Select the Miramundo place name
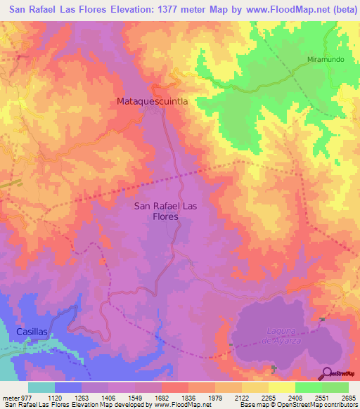point(326,60)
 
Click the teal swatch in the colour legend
point(41,387)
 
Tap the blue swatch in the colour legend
point(68,387)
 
